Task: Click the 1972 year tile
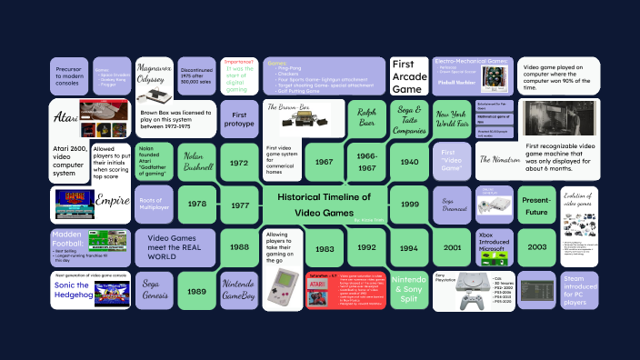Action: [239, 163]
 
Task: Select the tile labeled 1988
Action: [239, 247]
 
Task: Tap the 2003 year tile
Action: [536, 246]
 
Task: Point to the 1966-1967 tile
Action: [366, 163]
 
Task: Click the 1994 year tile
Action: [409, 247]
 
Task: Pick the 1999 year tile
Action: [409, 205]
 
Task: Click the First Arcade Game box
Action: [409, 76]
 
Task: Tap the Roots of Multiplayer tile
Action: [154, 205]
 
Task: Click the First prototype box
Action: [239, 118]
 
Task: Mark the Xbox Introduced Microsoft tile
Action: [494, 247]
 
